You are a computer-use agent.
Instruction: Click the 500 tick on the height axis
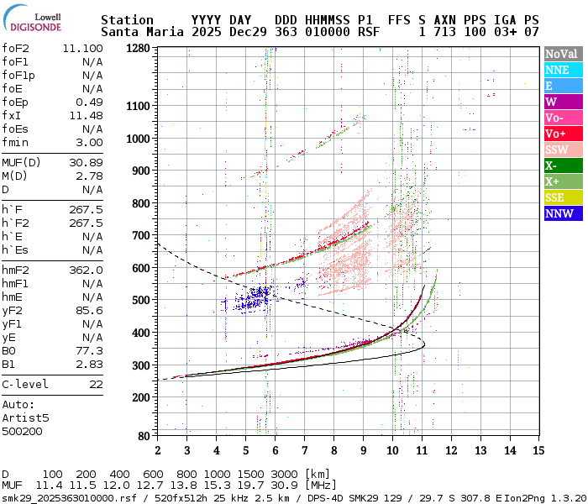tap(141, 300)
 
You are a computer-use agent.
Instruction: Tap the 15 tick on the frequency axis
tap(538, 450)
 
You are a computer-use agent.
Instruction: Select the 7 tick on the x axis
tap(304, 450)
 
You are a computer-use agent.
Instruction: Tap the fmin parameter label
tap(17, 142)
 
